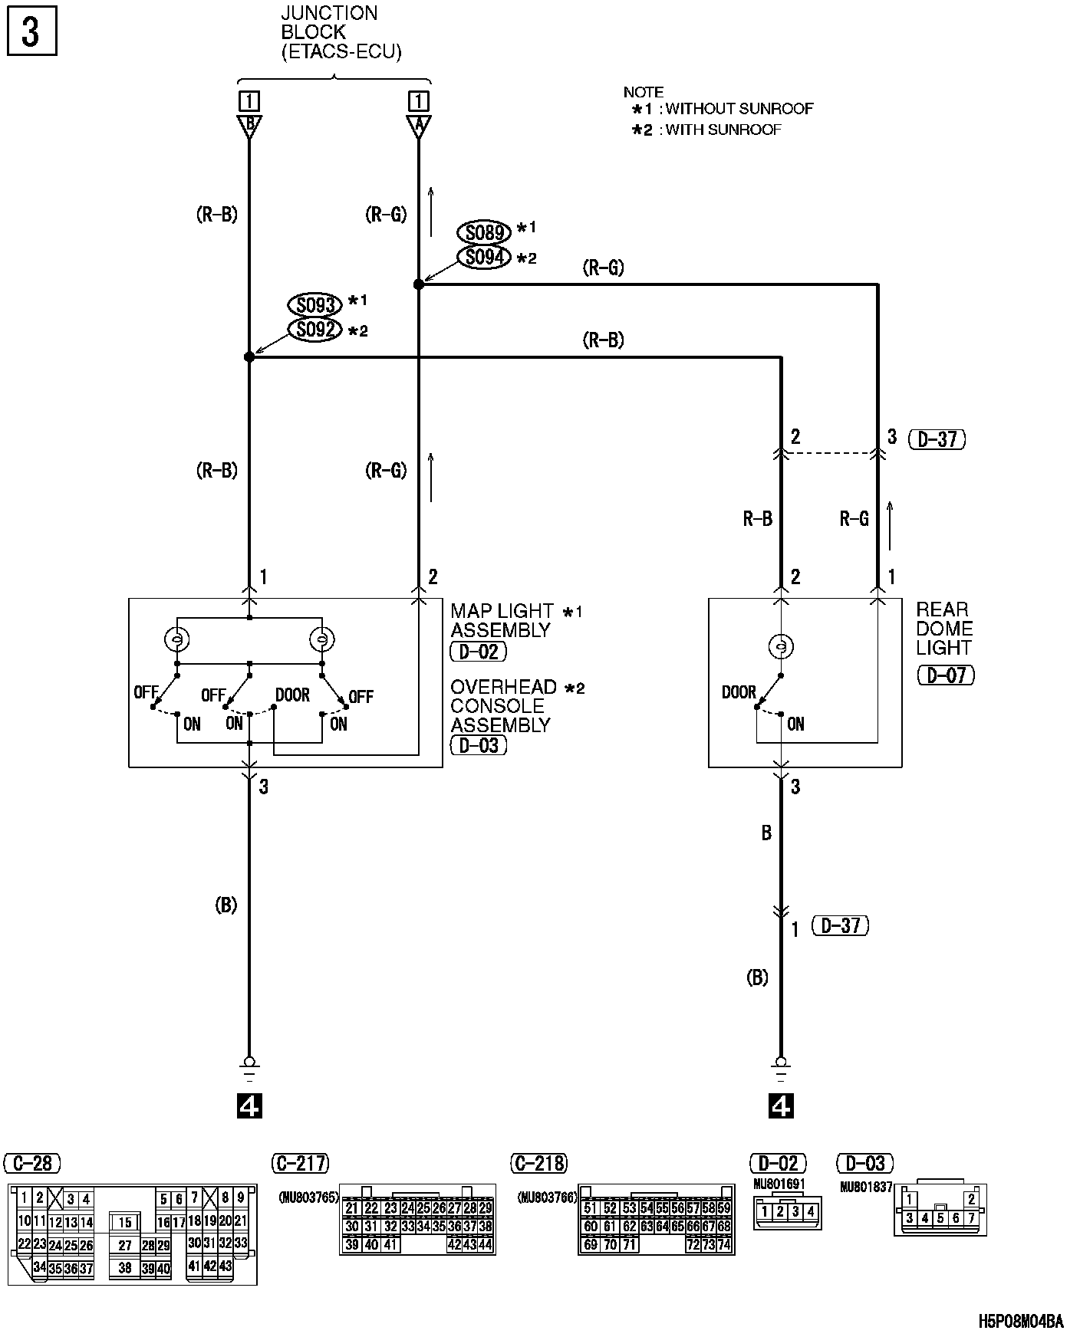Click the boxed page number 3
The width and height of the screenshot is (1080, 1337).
(30, 33)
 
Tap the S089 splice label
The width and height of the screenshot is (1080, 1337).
(484, 232)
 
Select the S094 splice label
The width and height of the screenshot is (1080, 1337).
(484, 257)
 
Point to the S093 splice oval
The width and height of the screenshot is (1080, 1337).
(314, 305)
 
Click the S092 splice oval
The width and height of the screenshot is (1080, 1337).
(314, 330)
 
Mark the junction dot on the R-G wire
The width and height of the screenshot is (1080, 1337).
(418, 284)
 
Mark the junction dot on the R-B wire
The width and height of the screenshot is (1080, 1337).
(249, 357)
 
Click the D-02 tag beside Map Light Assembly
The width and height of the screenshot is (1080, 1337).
(479, 652)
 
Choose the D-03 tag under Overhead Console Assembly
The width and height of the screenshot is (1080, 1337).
(479, 744)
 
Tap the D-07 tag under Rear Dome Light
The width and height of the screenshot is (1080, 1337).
(946, 675)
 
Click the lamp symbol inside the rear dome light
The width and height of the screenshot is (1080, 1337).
(781, 647)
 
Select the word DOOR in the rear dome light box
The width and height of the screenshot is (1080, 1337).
(739, 692)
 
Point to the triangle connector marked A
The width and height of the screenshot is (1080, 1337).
(418, 126)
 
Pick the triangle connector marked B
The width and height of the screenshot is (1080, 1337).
(249, 126)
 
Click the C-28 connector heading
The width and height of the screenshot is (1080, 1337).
(32, 1163)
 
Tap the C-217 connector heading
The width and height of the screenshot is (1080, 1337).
(300, 1163)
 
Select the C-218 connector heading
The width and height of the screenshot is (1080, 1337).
(538, 1163)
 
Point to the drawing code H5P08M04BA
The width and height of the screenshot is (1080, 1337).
(1021, 1321)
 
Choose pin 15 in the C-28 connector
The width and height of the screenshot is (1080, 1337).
(125, 1223)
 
